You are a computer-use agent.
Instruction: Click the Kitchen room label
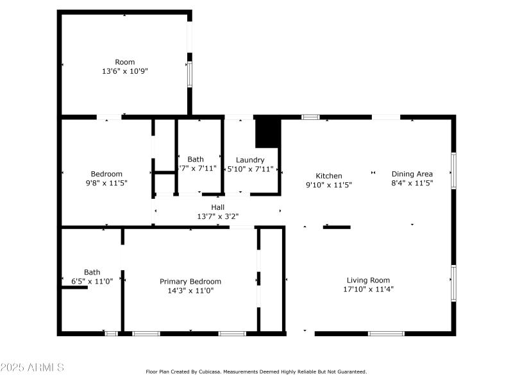click(329, 176)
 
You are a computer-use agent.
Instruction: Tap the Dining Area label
click(412, 174)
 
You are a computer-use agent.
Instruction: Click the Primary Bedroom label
click(190, 282)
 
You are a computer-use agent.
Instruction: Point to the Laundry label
click(250, 160)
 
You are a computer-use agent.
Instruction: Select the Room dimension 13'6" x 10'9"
click(125, 71)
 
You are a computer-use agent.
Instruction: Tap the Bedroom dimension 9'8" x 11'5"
click(106, 183)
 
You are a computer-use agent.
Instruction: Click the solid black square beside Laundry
click(268, 133)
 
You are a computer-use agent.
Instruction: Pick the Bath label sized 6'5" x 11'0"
click(92, 272)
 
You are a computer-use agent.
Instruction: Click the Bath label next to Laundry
click(196, 160)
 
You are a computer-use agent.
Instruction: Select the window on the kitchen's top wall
click(310, 117)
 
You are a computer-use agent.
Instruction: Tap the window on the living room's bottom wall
click(386, 334)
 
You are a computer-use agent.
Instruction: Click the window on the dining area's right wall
click(453, 170)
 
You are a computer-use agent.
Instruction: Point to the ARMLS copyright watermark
click(32, 368)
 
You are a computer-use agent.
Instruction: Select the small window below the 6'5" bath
click(111, 334)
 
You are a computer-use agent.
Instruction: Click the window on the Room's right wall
click(189, 74)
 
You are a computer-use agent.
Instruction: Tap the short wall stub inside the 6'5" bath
click(74, 287)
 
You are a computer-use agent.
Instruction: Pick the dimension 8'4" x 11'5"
click(412, 183)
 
